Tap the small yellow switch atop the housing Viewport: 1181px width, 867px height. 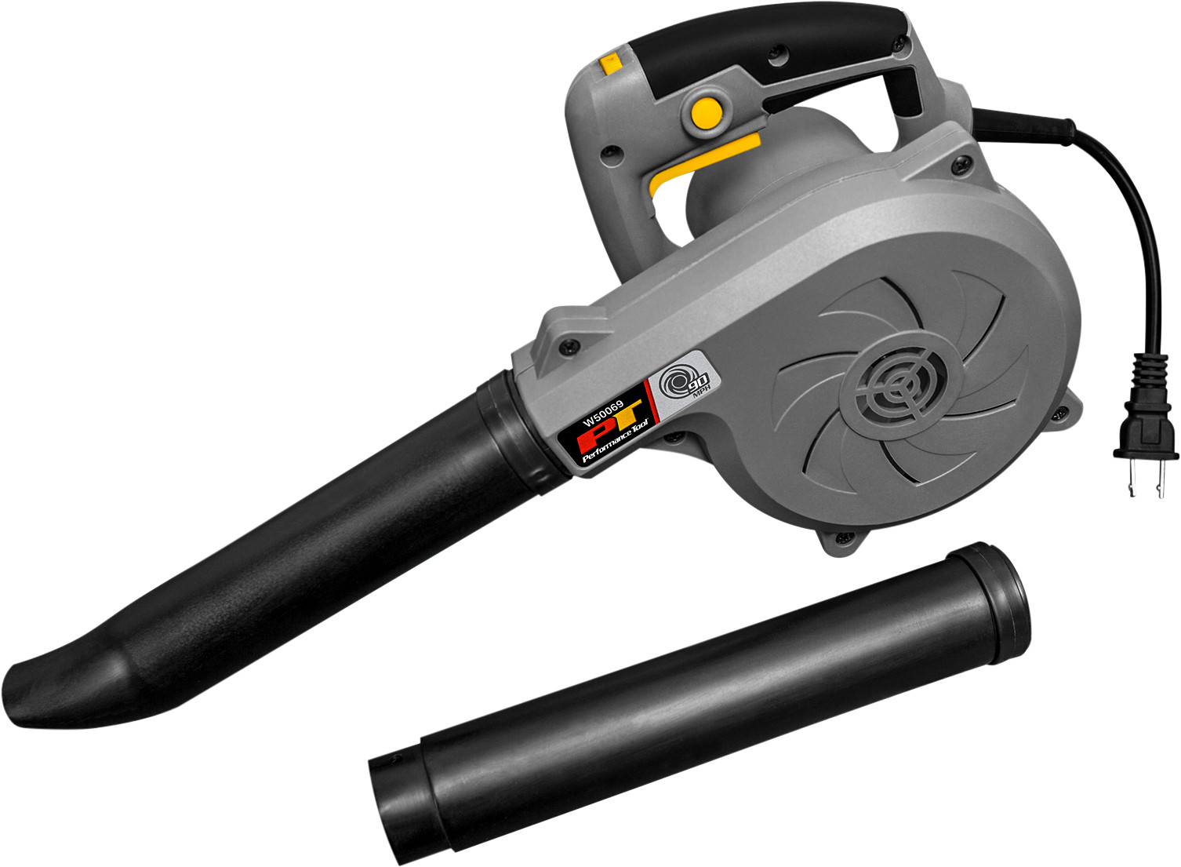pos(609,62)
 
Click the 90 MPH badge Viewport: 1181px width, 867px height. pos(681,384)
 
